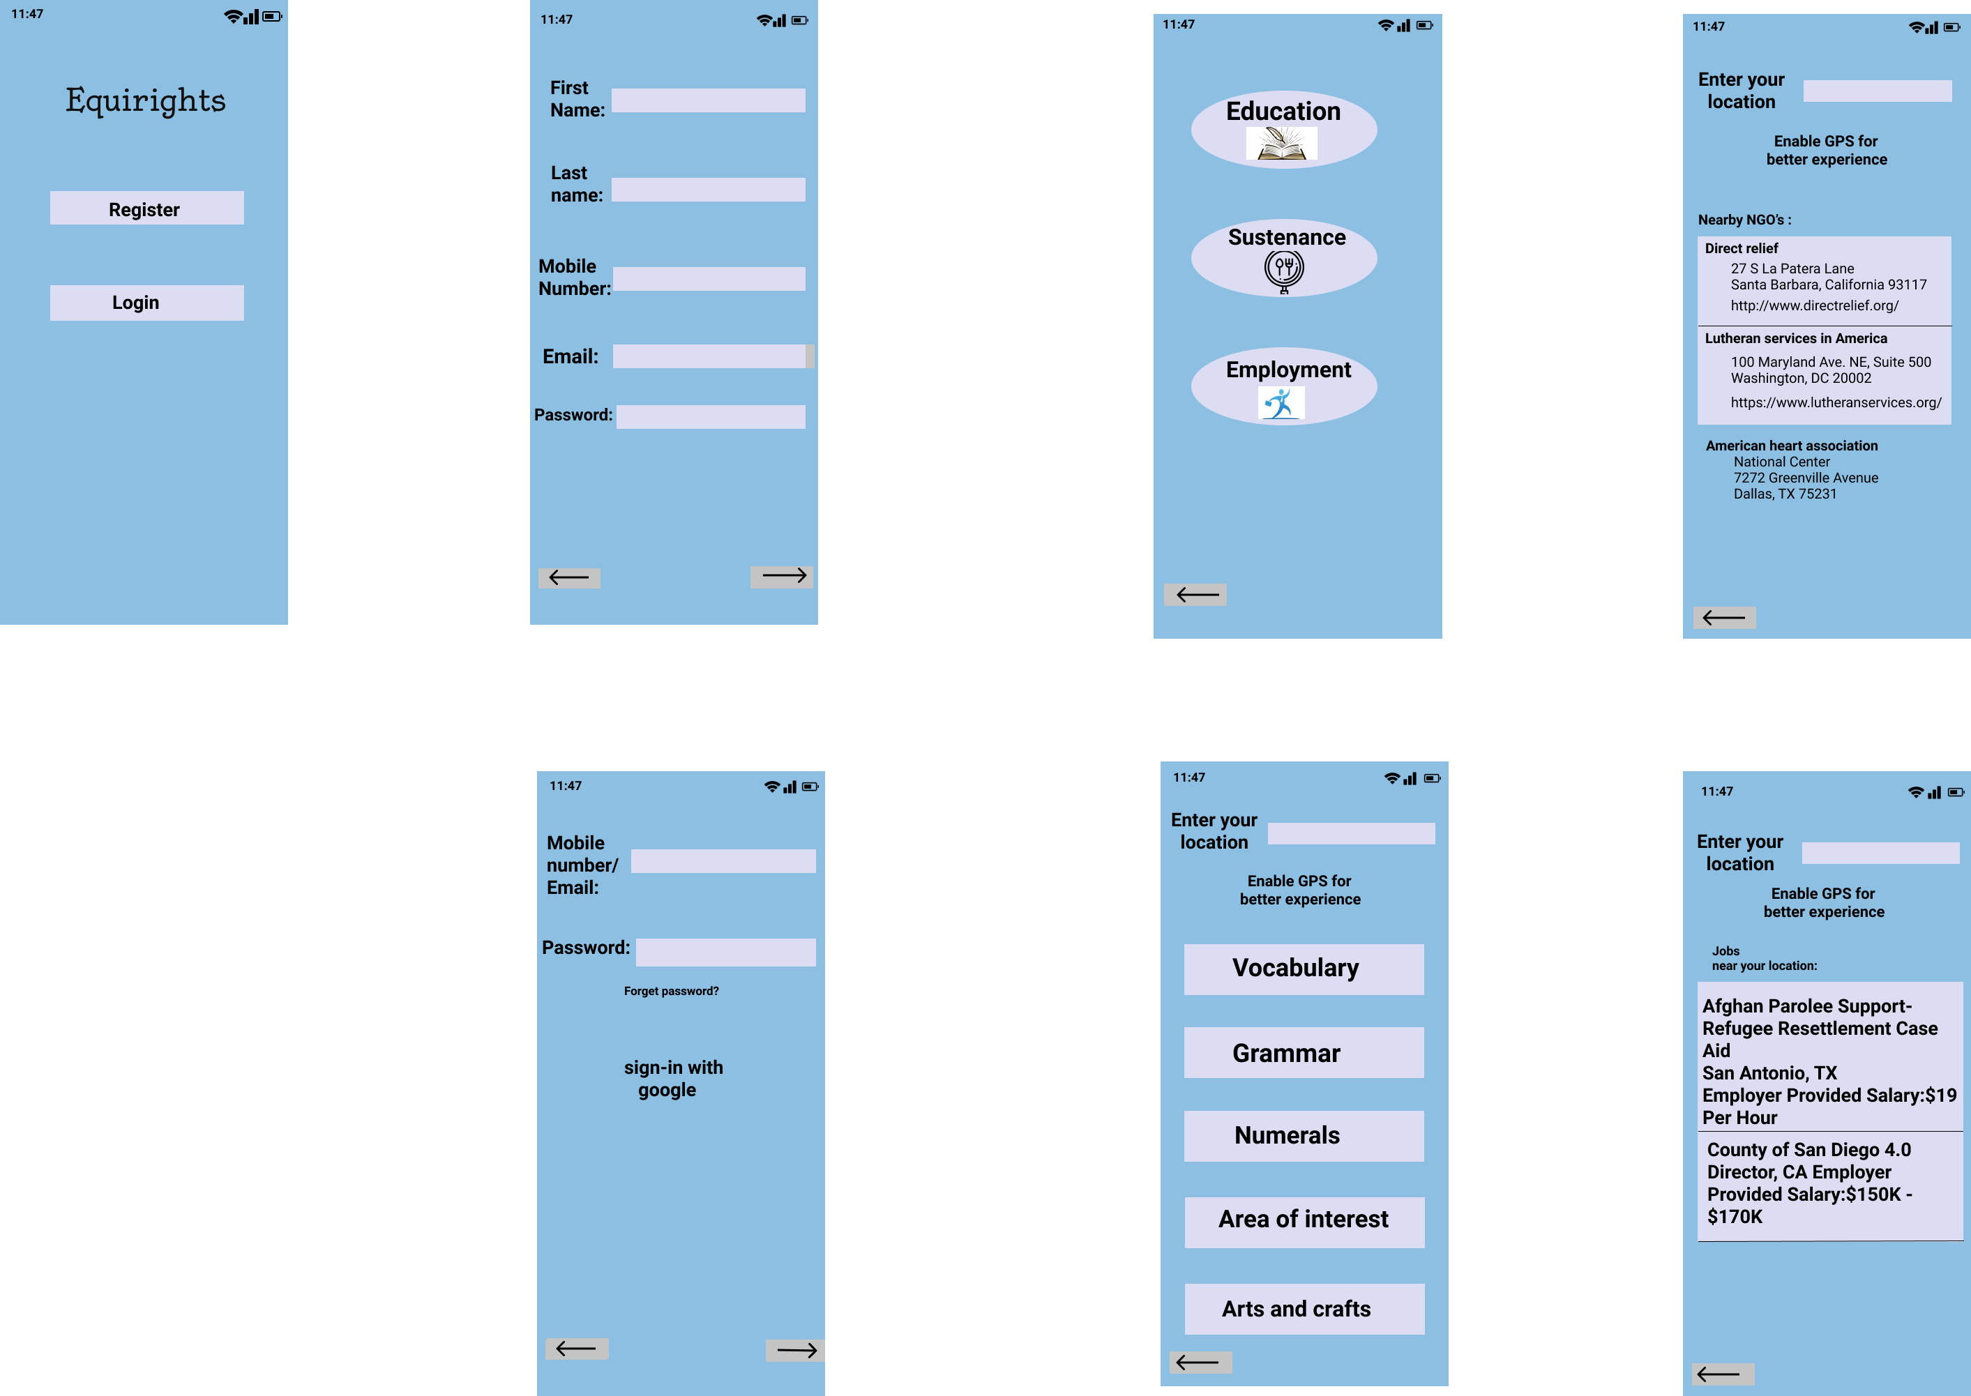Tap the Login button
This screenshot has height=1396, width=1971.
click(146, 303)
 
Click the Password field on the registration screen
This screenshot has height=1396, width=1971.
click(710, 417)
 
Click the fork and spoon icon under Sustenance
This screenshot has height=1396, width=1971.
click(1283, 271)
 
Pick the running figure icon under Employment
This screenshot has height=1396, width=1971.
click(1281, 402)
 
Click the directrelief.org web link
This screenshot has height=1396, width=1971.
click(1813, 305)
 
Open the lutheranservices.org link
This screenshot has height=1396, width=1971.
click(1835, 402)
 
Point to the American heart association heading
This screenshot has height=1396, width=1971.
click(1791, 446)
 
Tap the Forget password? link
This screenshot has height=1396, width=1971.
click(672, 991)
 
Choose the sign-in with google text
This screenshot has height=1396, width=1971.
click(673, 1078)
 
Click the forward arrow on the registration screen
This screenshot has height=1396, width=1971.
click(781, 576)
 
